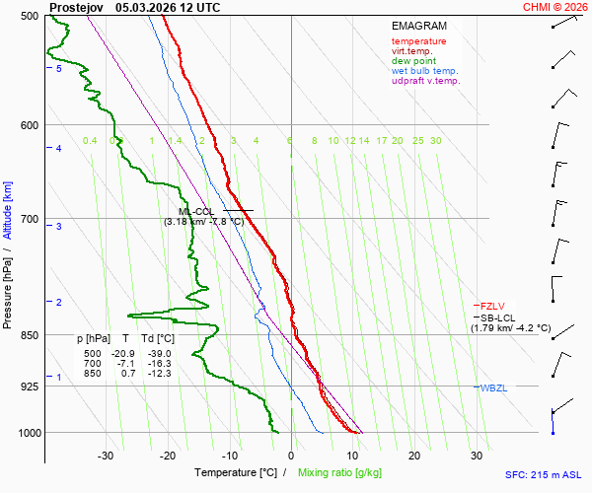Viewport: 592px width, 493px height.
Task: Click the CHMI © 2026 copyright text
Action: pos(555,7)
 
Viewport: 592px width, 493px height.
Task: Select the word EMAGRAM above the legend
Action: pos(418,26)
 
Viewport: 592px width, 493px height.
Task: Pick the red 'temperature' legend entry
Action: pos(418,41)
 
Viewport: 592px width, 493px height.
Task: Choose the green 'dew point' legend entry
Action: pos(413,61)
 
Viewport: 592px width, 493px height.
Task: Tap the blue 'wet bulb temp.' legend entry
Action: pos(424,71)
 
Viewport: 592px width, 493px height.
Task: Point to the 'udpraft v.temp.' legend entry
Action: pos(425,81)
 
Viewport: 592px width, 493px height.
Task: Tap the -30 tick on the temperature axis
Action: pos(106,456)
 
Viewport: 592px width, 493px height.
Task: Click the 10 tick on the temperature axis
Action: pos(352,456)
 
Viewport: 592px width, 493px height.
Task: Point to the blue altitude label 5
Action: pos(59,69)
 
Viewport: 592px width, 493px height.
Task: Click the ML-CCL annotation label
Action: pos(196,211)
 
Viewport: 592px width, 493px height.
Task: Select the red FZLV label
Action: pos(492,306)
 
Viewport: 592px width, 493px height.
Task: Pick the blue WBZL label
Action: pos(493,387)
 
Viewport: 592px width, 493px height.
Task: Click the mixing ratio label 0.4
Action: pos(90,141)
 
